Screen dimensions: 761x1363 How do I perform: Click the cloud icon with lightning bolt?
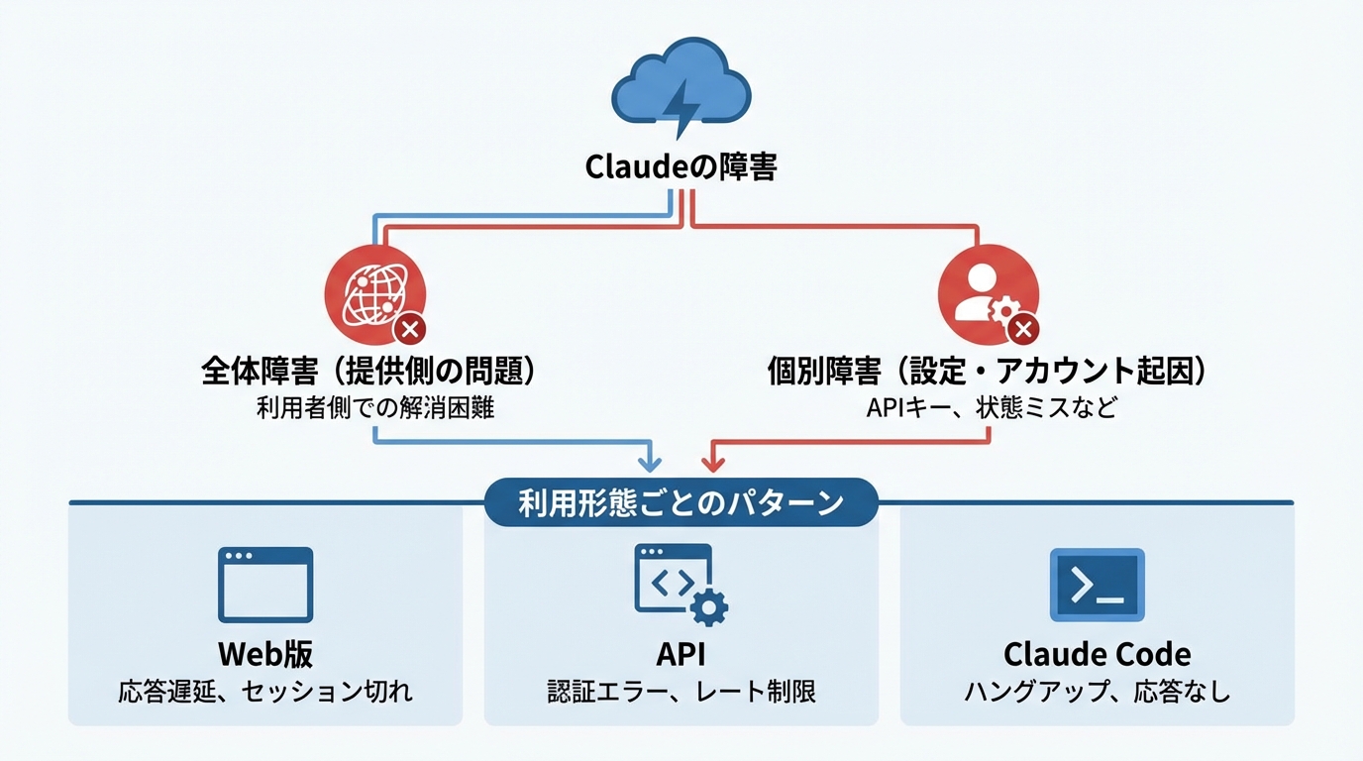point(681,89)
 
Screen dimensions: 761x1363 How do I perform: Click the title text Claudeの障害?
point(681,166)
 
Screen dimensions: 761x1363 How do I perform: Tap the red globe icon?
point(374,294)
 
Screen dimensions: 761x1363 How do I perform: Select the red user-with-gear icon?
point(988,294)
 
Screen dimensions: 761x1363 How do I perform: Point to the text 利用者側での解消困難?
point(374,407)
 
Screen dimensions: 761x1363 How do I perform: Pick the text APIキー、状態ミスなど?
point(988,407)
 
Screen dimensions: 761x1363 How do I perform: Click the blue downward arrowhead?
point(650,462)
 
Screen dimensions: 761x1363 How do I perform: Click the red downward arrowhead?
point(711,462)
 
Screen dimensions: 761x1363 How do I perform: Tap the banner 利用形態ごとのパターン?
point(681,502)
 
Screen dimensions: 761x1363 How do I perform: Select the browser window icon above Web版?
point(265,585)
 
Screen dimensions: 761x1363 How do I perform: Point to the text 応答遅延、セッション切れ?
point(265,691)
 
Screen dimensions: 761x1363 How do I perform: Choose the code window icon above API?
point(681,585)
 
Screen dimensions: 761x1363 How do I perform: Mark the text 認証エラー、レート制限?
point(681,691)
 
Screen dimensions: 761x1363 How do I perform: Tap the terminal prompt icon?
point(1097,585)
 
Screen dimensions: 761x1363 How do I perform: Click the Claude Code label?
point(1097,654)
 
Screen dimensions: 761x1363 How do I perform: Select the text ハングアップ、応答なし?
point(1097,691)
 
